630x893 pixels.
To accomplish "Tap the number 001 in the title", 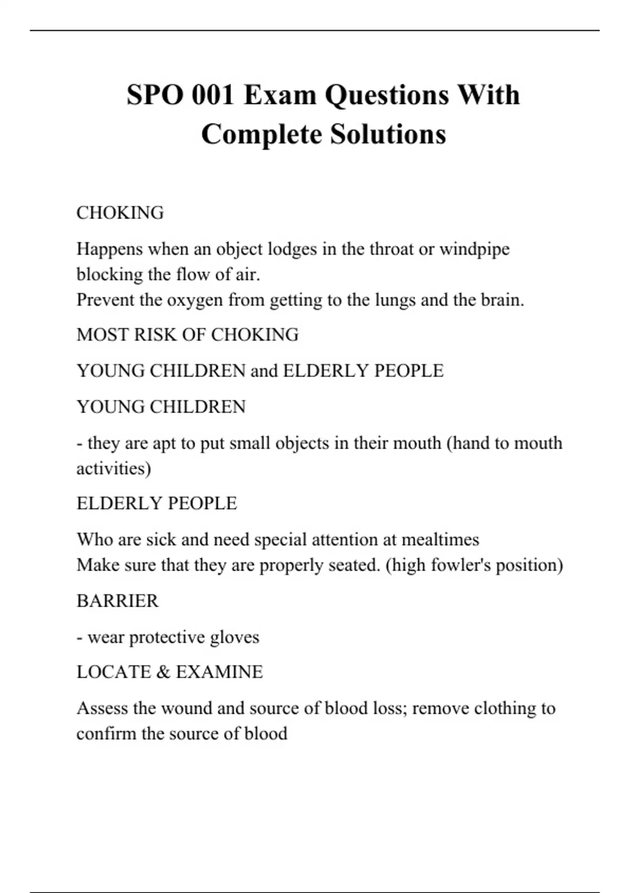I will (x=213, y=95).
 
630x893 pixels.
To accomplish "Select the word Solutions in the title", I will (x=388, y=134).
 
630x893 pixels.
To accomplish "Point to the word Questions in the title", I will (x=386, y=96).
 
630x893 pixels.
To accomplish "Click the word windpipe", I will (x=474, y=249).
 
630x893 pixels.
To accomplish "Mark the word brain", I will (x=502, y=300).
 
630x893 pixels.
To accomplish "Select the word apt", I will (x=164, y=444).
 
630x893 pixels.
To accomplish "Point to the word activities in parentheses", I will (x=113, y=468).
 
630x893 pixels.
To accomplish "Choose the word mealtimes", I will (x=440, y=539).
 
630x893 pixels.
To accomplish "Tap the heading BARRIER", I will (x=117, y=600).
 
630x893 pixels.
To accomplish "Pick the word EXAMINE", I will (x=219, y=672).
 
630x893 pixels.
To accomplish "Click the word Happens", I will (x=109, y=249).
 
